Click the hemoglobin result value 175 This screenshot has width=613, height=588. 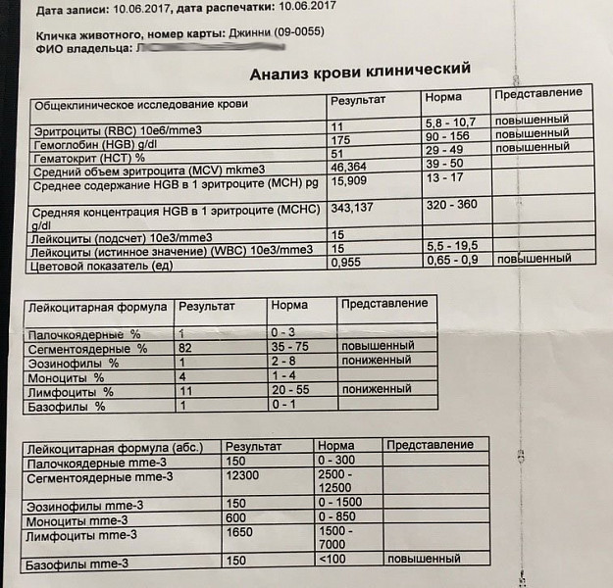340,140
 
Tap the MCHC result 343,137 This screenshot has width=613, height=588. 357,209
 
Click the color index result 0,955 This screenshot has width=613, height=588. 348,263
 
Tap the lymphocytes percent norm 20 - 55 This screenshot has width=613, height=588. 291,390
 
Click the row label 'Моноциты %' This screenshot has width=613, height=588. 68,376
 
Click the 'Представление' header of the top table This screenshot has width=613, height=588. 538,93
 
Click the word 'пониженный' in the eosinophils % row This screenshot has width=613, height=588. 378,362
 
